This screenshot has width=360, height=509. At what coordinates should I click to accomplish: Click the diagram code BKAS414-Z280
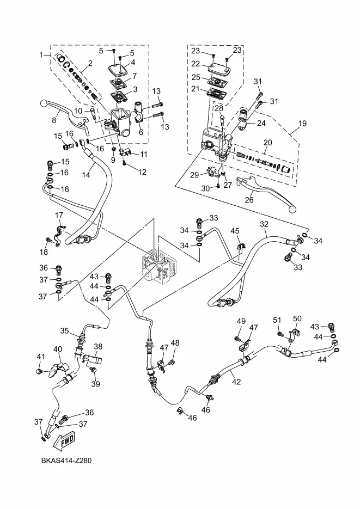point(66,461)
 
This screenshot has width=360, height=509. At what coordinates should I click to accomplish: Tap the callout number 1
point(41,54)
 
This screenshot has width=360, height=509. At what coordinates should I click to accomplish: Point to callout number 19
point(302,124)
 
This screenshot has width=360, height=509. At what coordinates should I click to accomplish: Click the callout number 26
point(250,199)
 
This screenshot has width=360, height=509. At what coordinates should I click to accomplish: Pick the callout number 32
point(264,224)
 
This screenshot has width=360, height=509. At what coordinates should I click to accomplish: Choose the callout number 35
point(64,330)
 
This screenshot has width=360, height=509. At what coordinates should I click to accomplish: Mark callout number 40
point(57,349)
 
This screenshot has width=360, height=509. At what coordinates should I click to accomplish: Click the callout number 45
point(235,231)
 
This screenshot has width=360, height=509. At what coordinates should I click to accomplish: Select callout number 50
point(297,318)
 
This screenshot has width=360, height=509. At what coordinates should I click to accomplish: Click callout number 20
point(267,143)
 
